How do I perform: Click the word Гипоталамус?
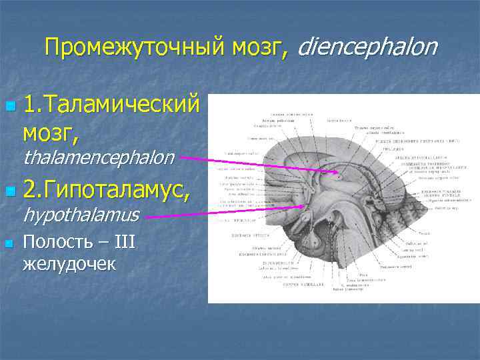(x=113, y=192)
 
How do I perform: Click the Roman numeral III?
(x=123, y=241)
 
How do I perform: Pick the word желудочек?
(x=69, y=263)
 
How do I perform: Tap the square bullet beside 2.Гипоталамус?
(x=8, y=193)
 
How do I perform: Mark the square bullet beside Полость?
(x=8, y=243)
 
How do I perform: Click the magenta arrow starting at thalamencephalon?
(x=260, y=167)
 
